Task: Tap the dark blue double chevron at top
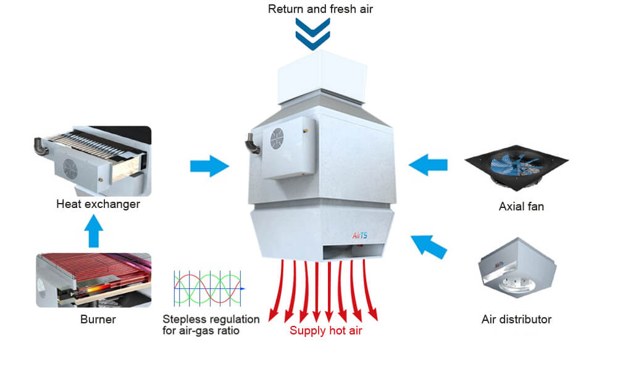pyautogui.click(x=312, y=34)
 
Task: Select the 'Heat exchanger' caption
pyautogui.click(x=98, y=204)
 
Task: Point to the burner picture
pyautogui.click(x=93, y=280)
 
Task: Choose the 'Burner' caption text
pyautogui.click(x=98, y=320)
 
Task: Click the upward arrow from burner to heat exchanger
pyautogui.click(x=93, y=232)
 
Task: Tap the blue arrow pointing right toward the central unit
pyautogui.click(x=209, y=165)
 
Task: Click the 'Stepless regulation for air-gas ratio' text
pyautogui.click(x=211, y=325)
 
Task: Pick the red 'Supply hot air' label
pyautogui.click(x=325, y=331)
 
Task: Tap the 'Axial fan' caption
pyautogui.click(x=521, y=206)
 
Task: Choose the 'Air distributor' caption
pyautogui.click(x=516, y=319)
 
